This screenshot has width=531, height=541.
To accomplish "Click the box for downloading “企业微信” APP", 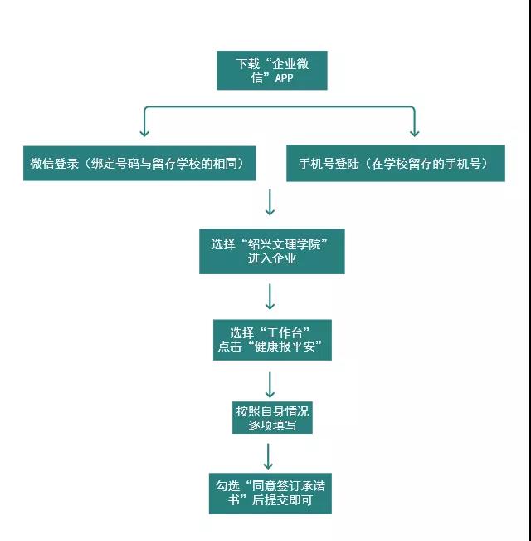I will [x=271, y=71].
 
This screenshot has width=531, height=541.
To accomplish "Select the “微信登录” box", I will [x=138, y=163].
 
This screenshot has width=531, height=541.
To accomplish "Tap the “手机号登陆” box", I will [x=395, y=163].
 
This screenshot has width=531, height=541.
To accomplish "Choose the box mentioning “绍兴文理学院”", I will [x=271, y=251].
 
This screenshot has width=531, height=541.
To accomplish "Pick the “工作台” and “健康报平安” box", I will [x=271, y=340].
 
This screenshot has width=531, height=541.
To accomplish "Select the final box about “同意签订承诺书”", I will [x=270, y=494].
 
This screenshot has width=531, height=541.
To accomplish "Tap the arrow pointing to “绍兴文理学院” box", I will [x=270, y=204].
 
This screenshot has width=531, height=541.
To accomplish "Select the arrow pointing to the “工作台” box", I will [x=270, y=297].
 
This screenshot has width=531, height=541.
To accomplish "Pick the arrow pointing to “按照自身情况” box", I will [x=270, y=385].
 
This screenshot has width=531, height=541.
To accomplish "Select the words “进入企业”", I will [x=271, y=258].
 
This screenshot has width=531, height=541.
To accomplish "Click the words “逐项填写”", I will [x=273, y=425].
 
